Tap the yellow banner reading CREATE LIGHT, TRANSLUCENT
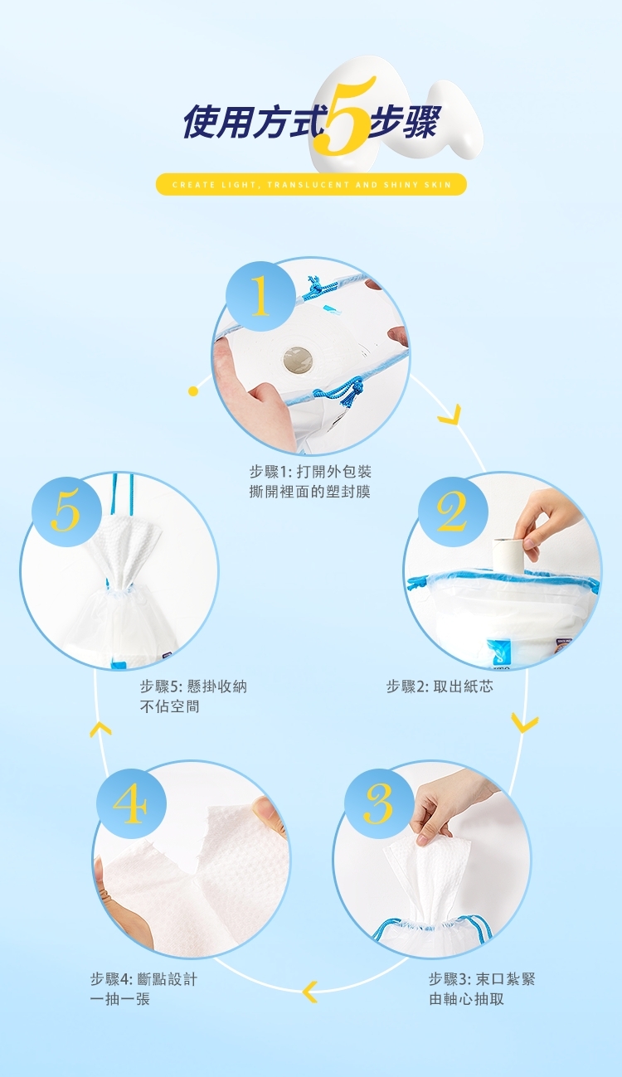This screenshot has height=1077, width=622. tap(311, 184)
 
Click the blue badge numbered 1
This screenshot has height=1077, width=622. tap(260, 296)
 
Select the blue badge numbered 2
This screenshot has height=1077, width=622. tap(453, 512)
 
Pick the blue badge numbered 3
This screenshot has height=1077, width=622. tap(379, 804)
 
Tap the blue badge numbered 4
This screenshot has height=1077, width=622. tap(131, 804)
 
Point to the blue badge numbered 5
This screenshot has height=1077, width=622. tap(66, 512)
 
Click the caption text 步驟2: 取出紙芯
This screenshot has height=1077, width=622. tap(440, 686)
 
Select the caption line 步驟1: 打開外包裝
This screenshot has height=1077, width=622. tap(310, 472)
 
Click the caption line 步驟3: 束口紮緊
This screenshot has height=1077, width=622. tap(482, 979)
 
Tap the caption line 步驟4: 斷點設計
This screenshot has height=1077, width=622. tap(143, 979)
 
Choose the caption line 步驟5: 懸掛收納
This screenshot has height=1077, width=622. tap(193, 686)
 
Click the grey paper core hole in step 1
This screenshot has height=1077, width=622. tap(299, 360)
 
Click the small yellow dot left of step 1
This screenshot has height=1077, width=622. tap(193, 391)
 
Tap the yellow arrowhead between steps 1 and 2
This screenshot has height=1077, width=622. tap(450, 415)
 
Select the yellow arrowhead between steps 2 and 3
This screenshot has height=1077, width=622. tap(524, 724)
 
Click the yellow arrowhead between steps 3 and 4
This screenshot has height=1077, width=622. tap(311, 992)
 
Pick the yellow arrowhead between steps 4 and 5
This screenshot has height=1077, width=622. tap(100, 729)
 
